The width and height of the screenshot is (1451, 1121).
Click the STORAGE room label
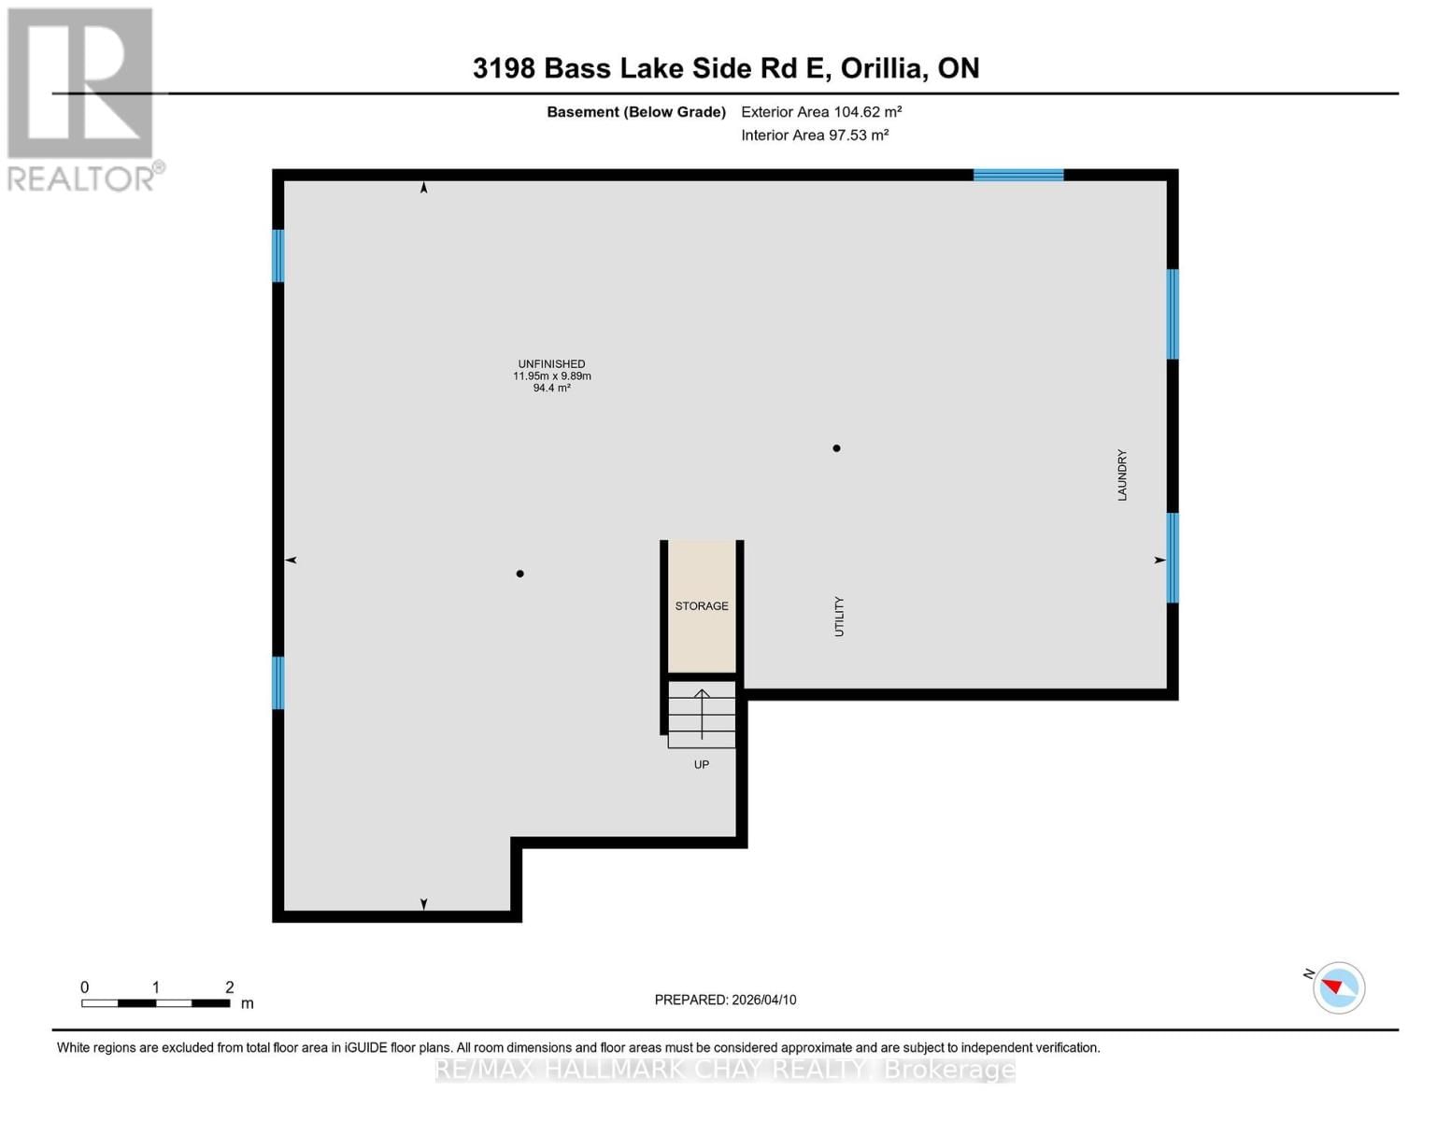[x=702, y=606]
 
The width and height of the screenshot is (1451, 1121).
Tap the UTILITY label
[x=839, y=617]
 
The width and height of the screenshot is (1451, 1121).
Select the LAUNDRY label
[x=1122, y=475]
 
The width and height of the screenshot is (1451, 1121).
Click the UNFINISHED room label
[x=551, y=364]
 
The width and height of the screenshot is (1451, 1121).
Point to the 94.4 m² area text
[x=551, y=388]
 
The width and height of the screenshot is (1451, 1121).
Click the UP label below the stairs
[x=702, y=765]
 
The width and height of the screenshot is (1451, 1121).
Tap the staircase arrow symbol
[x=702, y=714]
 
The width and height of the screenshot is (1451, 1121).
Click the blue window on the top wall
[x=1018, y=175]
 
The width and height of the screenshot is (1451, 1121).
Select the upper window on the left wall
[x=277, y=255]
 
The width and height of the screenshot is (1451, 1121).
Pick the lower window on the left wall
[x=277, y=683]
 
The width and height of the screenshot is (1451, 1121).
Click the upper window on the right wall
[x=1173, y=314]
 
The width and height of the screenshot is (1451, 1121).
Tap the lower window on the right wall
[x=1173, y=558]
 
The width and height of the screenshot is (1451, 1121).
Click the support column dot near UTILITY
[x=836, y=448]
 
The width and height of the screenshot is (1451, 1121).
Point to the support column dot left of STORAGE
[x=520, y=574]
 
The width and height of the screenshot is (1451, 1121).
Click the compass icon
[x=1339, y=987]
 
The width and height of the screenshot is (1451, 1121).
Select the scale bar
[x=155, y=1003]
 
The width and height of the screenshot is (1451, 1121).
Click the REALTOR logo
[x=81, y=98]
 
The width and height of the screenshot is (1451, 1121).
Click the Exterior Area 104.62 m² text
[x=821, y=112]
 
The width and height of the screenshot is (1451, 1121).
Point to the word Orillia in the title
[x=883, y=68]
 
